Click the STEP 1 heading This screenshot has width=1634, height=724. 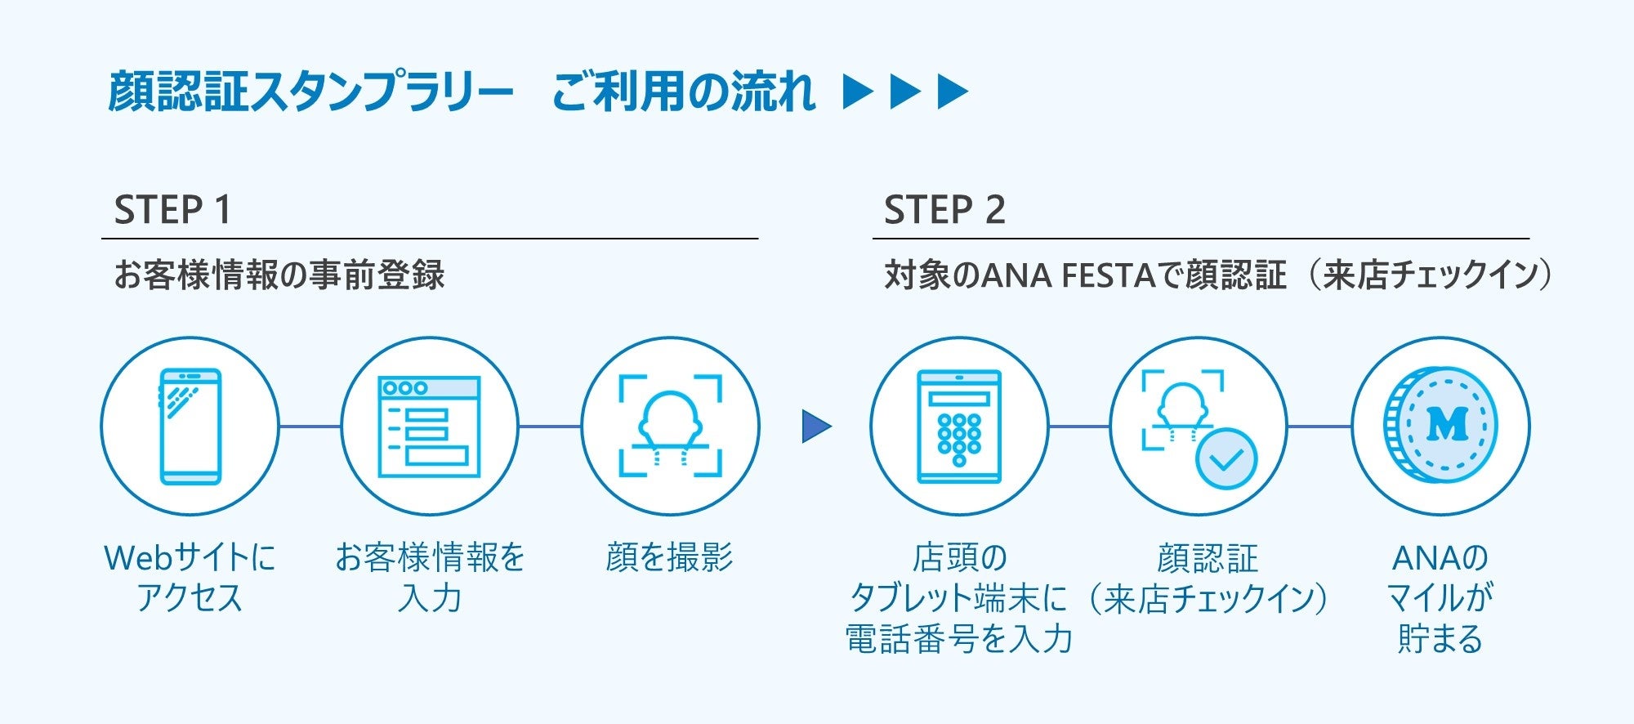(x=172, y=210)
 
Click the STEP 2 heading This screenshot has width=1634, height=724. (x=944, y=210)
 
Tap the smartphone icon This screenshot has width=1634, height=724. (x=190, y=426)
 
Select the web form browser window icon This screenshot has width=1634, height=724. (x=429, y=427)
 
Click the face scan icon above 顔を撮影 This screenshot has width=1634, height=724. (x=670, y=426)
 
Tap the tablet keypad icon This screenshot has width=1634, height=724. (x=958, y=427)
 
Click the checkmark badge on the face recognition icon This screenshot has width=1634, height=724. (x=1225, y=458)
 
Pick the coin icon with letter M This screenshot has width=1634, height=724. (x=1441, y=426)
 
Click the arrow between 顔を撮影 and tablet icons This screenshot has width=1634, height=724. (x=815, y=426)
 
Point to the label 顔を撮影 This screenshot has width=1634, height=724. (x=670, y=557)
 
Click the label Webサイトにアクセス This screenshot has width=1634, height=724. (x=190, y=577)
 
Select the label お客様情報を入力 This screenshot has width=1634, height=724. (x=430, y=577)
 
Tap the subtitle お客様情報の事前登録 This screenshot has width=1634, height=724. (x=279, y=275)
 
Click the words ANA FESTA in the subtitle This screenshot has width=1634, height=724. (x=1067, y=275)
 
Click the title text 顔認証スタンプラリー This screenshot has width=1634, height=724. (x=310, y=92)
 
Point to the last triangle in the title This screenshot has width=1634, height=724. (x=952, y=92)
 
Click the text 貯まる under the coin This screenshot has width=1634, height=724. (x=1440, y=638)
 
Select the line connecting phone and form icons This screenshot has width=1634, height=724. (x=310, y=426)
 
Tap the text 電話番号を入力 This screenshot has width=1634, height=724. (x=958, y=638)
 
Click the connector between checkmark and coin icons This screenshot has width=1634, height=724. (x=1319, y=426)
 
